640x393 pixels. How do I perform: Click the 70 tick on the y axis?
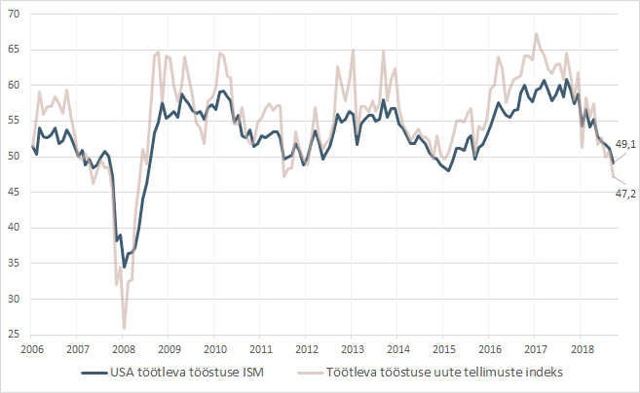coord(16,14)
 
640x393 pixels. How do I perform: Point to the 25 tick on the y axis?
coord(16,335)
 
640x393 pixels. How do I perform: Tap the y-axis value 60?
coord(16,85)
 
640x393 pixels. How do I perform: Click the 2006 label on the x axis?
coord(31,348)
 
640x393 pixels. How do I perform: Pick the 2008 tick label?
coord(123,348)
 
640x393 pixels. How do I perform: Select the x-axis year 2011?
coord(260,348)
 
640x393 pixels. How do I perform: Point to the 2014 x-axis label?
coord(397,348)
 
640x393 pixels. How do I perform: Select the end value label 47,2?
coord(623,195)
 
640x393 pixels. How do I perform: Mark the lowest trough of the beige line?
coord(124,328)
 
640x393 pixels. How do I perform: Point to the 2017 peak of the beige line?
coord(536,34)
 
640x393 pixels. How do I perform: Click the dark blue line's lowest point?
coord(124,266)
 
